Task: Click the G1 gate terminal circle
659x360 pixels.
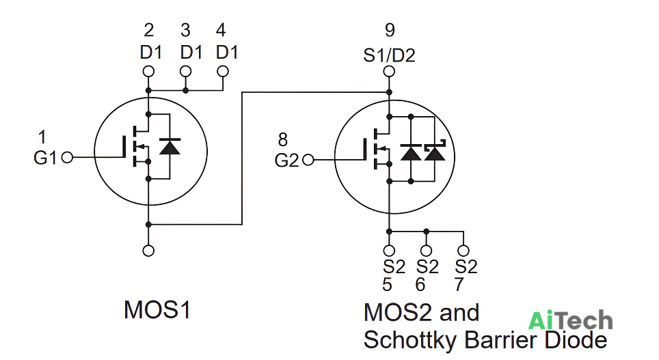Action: pos(67,158)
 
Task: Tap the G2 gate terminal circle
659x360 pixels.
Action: pos(308,160)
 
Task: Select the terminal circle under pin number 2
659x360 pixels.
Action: pos(148,72)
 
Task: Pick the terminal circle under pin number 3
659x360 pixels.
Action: pos(185,72)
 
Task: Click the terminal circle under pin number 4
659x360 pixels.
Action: pos(223,72)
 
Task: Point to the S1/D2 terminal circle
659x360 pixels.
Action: pos(389,72)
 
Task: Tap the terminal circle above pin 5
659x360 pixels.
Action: pos(389,251)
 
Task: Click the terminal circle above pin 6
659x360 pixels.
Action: pos(426,251)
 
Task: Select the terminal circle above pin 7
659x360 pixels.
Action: pos(463,251)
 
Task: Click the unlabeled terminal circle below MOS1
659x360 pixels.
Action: pos(148,251)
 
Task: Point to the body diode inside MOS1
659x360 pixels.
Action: pos(170,147)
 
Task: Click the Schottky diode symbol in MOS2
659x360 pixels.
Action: pos(435,152)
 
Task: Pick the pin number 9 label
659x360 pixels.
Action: pos(390,30)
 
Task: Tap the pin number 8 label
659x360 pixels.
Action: pos(283,139)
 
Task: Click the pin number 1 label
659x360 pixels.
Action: pos(42,137)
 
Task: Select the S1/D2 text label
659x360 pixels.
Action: pos(389,55)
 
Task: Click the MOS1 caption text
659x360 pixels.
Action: pos(157,310)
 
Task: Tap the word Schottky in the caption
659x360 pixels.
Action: pos(410,340)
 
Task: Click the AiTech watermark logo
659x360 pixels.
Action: pos(570,320)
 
